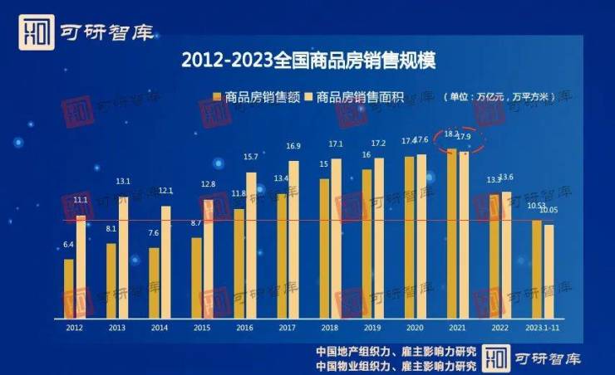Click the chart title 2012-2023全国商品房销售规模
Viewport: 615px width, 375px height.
tap(307, 60)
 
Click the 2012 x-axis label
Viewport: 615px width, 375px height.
tap(75, 329)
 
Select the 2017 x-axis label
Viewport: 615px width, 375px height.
tap(288, 329)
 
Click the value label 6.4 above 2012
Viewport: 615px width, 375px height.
tap(69, 245)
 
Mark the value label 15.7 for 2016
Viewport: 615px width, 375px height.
tap(251, 157)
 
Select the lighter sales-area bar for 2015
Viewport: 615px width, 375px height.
tap(208, 257)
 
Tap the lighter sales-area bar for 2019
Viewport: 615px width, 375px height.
tap(379, 237)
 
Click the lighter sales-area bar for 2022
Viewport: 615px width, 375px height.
tap(507, 253)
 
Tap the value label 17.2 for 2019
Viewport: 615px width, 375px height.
tap(379, 144)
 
